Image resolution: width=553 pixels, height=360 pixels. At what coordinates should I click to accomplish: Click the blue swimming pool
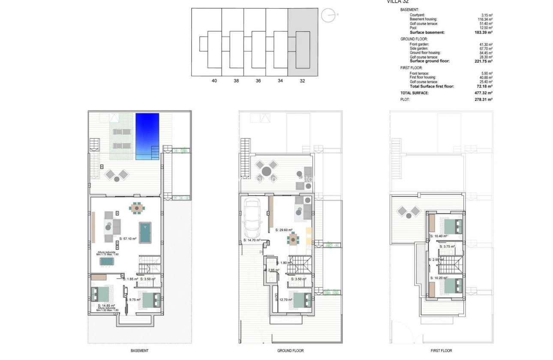point(147,136)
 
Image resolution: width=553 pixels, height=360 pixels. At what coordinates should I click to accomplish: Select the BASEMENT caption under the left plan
point(140,351)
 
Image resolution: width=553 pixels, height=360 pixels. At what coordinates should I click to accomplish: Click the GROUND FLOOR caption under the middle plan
point(291,351)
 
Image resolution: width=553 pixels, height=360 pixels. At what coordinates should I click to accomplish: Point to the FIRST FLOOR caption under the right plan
point(441,351)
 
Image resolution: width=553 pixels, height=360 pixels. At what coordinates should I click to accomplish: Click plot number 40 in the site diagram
point(214,81)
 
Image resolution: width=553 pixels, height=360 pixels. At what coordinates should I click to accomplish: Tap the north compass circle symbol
point(328,15)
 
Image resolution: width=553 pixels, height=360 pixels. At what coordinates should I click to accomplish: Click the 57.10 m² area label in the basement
point(128,239)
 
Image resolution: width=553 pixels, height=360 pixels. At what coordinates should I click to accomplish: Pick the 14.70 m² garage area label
point(252,241)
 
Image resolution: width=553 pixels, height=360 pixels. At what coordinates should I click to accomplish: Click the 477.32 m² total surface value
point(484,93)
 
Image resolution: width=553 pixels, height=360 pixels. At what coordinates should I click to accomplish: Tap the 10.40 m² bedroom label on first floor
point(439,236)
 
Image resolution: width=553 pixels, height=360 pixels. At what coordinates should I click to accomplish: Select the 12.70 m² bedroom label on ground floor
point(284,300)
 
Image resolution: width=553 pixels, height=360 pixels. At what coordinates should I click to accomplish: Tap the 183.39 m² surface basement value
point(484,33)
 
